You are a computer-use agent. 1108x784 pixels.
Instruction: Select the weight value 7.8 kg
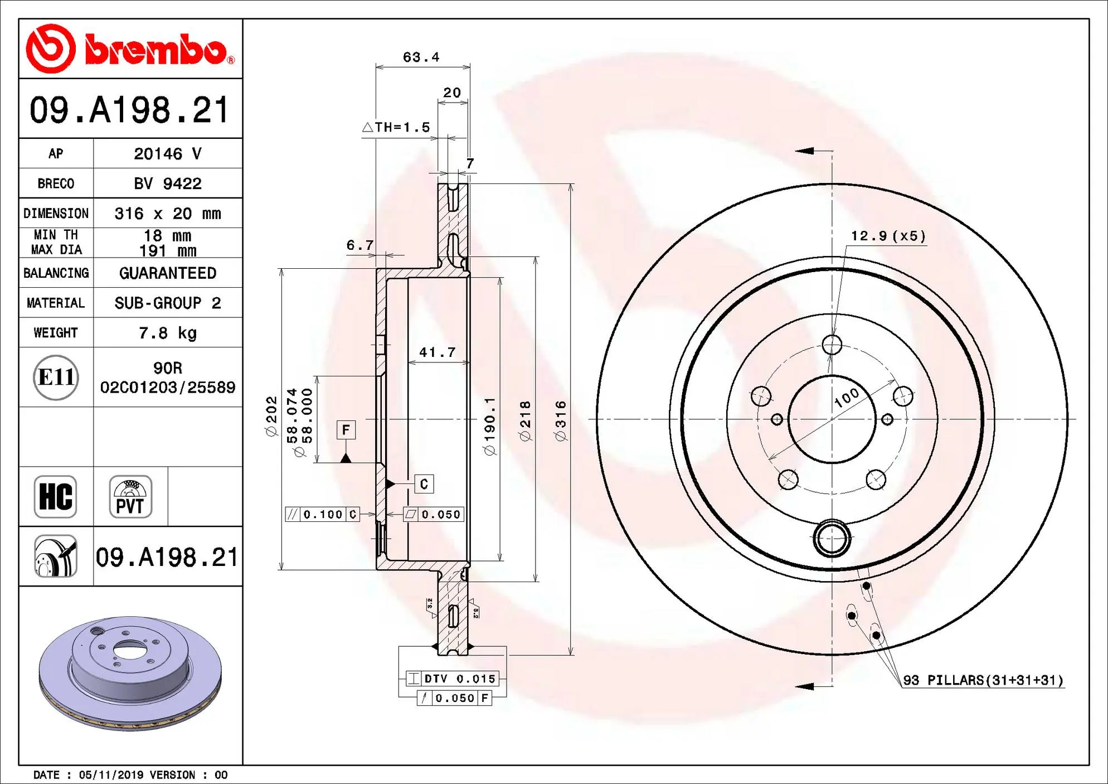click(x=167, y=333)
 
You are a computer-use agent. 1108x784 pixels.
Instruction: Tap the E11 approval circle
click(x=56, y=378)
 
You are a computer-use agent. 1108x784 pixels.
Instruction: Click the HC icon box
click(x=56, y=496)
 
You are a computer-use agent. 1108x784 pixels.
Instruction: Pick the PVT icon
click(x=130, y=496)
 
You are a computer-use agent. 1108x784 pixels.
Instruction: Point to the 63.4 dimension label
click(x=421, y=57)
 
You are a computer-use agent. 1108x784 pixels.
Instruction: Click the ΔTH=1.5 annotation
click(x=396, y=127)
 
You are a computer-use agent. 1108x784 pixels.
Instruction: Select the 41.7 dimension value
click(x=438, y=352)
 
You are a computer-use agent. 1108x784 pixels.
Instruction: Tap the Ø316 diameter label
click(x=561, y=421)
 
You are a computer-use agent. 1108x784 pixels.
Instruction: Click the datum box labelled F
click(x=346, y=430)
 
